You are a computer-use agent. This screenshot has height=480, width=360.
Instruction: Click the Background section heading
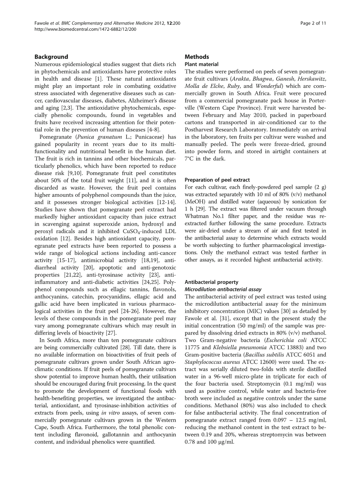[x=51, y=57]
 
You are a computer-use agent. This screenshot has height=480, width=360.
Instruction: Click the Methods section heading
[x=197, y=57]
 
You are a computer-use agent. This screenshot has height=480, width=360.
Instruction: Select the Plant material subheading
[x=202, y=64]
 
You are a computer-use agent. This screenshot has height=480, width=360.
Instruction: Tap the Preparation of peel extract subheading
[x=217, y=180]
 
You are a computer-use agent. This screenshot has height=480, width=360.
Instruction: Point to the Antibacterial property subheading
[x=211, y=282]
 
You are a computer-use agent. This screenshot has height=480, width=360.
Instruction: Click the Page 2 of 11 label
[x=313, y=23]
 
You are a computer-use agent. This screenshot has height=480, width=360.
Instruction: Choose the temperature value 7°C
[x=190, y=159]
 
